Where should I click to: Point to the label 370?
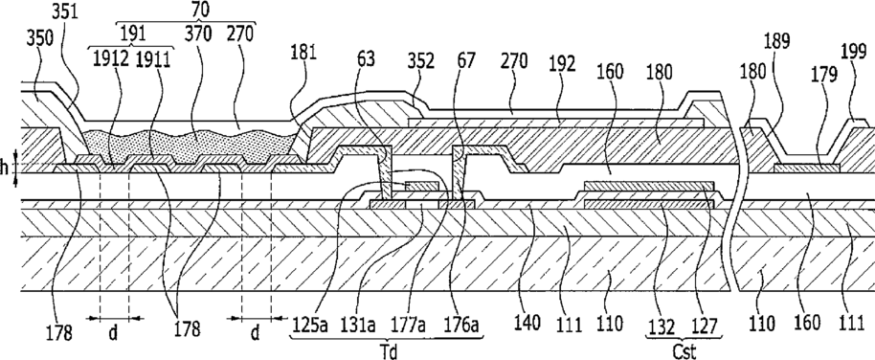[x=199, y=34]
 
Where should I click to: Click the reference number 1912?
[x=109, y=58]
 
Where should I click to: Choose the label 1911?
[x=152, y=58]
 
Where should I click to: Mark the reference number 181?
[x=303, y=53]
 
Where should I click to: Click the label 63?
[x=367, y=58]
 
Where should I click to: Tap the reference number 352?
[x=421, y=60]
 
